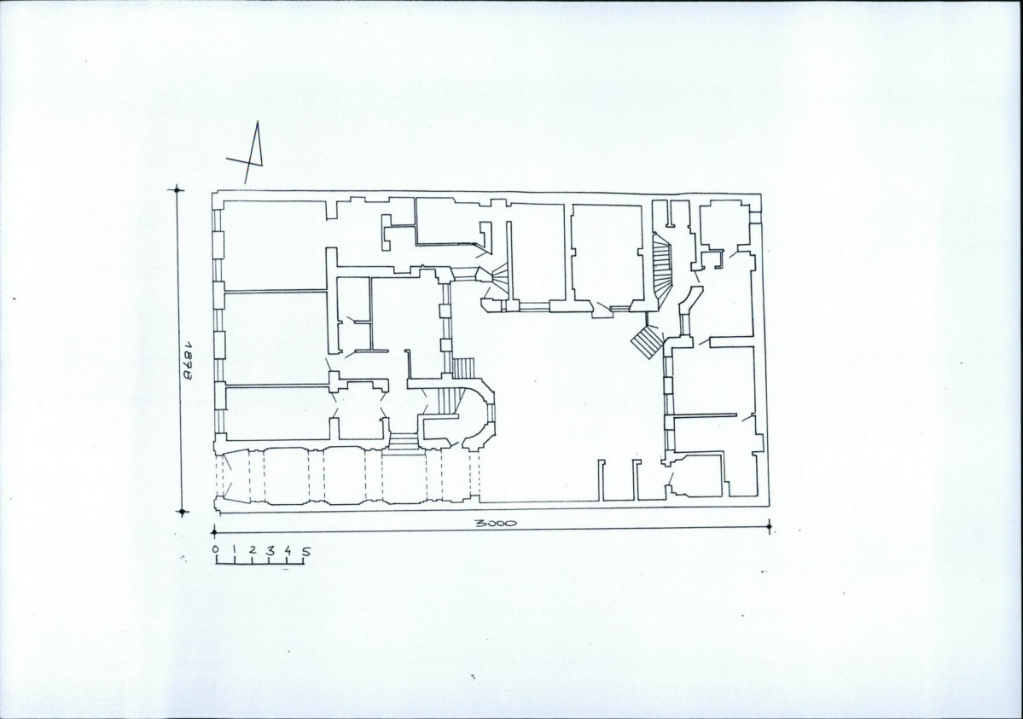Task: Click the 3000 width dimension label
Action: click(495, 524)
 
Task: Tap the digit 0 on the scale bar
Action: click(216, 550)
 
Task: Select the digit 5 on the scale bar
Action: click(306, 553)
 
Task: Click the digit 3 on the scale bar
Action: click(270, 551)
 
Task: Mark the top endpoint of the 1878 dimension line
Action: click(177, 190)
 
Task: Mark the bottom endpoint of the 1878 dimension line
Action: click(182, 512)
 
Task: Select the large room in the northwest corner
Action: click(275, 244)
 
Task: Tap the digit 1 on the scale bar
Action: click(233, 550)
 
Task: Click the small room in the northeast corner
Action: click(724, 225)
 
